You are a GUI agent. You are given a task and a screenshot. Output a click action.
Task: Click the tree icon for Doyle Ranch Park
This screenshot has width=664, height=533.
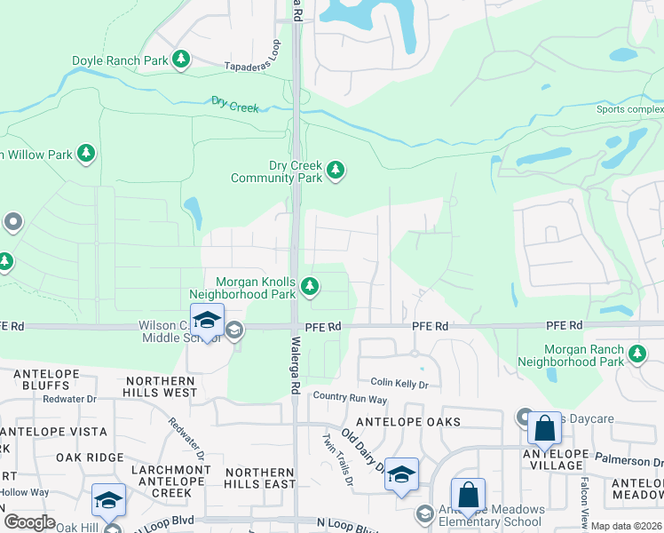(181, 60)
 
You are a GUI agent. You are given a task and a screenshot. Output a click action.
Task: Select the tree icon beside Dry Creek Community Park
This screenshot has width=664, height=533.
(335, 170)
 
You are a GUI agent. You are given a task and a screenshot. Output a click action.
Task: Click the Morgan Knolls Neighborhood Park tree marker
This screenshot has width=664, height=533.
(310, 286)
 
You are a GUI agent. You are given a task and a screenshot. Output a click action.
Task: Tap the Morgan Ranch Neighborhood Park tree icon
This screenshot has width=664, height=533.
(636, 354)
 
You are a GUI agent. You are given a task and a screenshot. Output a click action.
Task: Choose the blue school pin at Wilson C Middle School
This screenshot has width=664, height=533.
(207, 321)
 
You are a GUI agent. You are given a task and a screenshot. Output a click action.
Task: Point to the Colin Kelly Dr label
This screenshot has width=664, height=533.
(399, 384)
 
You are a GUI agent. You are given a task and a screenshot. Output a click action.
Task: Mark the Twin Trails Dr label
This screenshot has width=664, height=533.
(337, 458)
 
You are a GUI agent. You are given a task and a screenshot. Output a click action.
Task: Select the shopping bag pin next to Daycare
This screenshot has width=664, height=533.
(544, 429)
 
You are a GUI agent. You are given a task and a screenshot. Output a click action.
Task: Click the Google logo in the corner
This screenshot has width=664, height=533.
(29, 521)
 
